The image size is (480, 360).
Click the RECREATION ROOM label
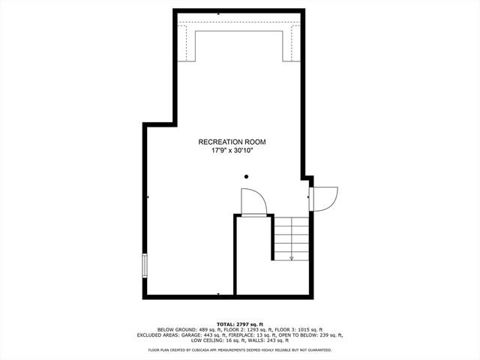[232, 142]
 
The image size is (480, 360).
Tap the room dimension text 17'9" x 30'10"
[232, 150]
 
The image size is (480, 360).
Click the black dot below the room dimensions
[246, 176]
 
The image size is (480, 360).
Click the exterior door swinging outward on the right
[325, 197]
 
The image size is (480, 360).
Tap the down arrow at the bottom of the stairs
[291, 257]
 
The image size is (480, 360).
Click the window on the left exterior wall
[145, 265]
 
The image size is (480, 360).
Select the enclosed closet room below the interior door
[253, 255]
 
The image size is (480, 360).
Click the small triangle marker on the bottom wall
[217, 294]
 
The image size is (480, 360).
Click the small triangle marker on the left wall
[148, 197]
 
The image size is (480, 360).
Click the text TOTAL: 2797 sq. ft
[240, 323]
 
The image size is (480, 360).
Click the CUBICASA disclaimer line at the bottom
[240, 349]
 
